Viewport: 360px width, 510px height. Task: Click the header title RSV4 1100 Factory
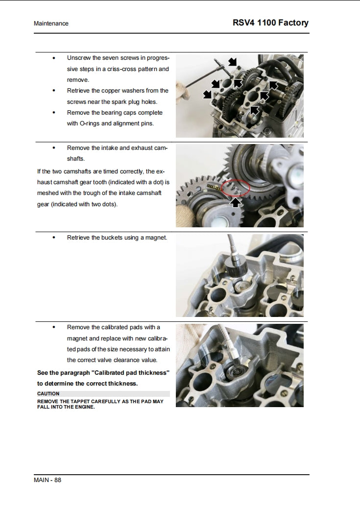[270, 23]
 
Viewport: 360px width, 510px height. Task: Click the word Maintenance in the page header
[51, 24]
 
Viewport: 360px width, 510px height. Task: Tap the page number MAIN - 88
[48, 480]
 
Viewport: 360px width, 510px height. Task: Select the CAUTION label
[48, 393]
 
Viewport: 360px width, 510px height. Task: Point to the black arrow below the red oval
[236, 202]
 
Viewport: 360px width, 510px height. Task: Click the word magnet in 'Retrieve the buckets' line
[155, 238]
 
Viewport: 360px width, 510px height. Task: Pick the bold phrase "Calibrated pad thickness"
[130, 373]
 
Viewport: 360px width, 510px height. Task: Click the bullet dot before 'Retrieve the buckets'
[53, 238]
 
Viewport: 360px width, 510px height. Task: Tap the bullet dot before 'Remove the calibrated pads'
[53, 327]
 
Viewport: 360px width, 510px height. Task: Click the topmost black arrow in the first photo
[233, 62]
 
